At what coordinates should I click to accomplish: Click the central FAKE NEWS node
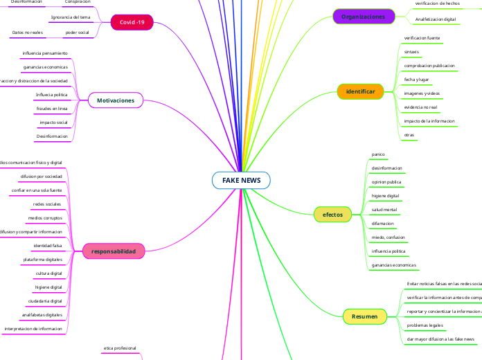click(x=241, y=180)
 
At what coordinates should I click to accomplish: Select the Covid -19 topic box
click(x=132, y=23)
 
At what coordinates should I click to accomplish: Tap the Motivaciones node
click(x=115, y=101)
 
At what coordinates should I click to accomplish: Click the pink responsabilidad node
click(x=114, y=251)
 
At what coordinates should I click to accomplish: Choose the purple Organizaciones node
click(x=364, y=16)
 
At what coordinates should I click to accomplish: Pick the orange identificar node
click(x=360, y=91)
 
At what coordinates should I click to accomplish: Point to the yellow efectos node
click(x=332, y=215)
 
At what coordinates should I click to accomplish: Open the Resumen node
click(x=364, y=316)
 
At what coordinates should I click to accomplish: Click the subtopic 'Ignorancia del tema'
click(x=71, y=16)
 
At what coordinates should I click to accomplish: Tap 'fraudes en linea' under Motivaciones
click(x=52, y=109)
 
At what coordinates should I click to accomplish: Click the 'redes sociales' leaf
click(x=47, y=204)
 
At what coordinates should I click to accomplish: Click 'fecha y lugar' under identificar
click(x=417, y=80)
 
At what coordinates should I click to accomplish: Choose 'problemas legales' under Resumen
click(x=425, y=325)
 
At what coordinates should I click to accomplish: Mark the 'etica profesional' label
click(x=120, y=348)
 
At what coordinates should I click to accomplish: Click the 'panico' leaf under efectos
click(x=378, y=154)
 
